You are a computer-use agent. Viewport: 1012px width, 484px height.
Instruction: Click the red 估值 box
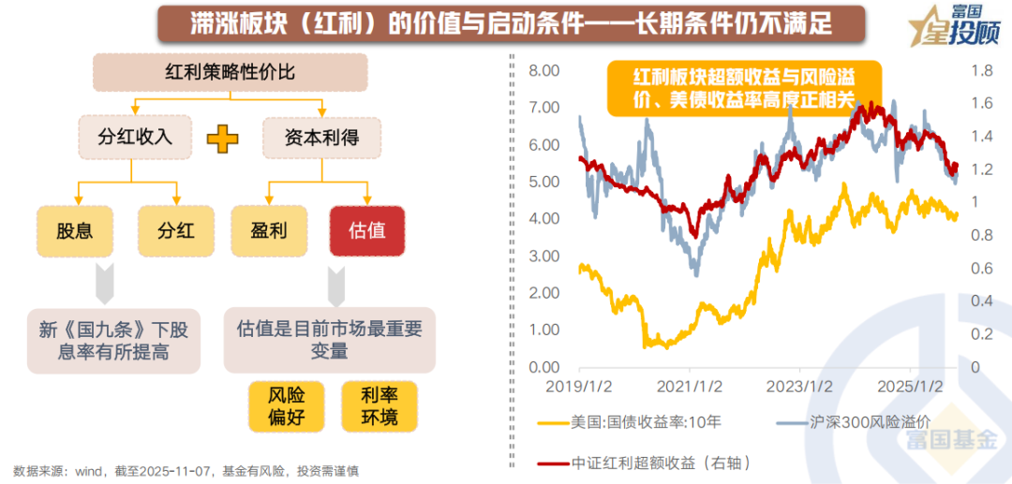367,230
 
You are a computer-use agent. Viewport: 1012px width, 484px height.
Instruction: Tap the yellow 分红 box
175,230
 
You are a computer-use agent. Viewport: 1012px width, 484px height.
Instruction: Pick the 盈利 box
269,230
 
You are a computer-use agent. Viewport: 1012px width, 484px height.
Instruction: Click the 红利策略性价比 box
230,72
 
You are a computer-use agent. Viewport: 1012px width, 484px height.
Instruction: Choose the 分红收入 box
135,138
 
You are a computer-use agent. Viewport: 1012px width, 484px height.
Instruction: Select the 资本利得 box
321,138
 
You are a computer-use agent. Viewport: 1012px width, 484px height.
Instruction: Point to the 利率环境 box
379,406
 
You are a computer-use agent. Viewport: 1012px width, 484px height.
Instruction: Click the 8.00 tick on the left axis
543,71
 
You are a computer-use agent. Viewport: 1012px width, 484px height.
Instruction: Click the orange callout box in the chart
745,89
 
